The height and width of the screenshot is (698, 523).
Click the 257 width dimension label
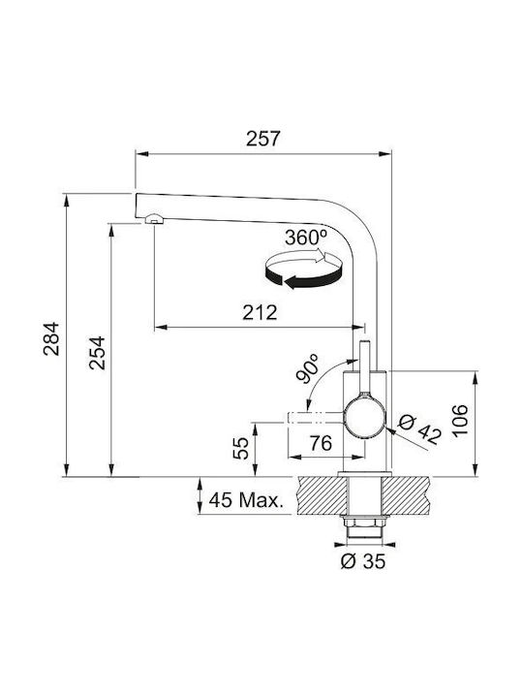(x=263, y=139)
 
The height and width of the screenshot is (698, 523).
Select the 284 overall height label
(x=51, y=338)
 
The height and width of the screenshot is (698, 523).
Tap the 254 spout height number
(x=97, y=353)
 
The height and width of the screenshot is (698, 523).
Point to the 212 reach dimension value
(x=260, y=312)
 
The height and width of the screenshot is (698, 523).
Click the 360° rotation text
(x=306, y=238)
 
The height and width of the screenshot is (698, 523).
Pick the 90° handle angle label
(x=308, y=369)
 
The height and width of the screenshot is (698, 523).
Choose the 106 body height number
(x=460, y=421)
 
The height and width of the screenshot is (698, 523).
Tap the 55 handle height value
(x=240, y=448)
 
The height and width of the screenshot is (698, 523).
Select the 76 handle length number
(x=321, y=443)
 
